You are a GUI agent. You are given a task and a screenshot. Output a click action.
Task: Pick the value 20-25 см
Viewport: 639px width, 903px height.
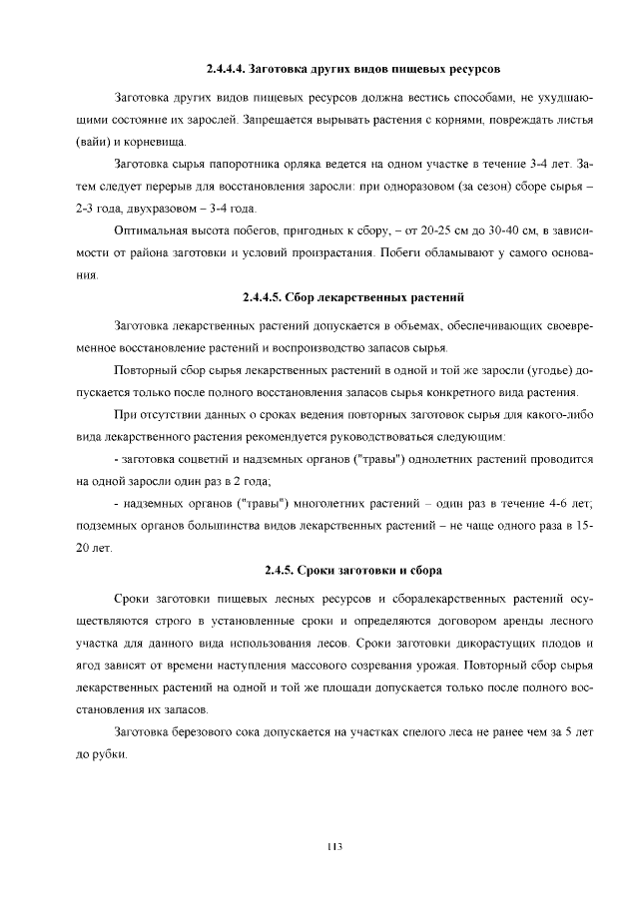[x=430, y=231]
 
